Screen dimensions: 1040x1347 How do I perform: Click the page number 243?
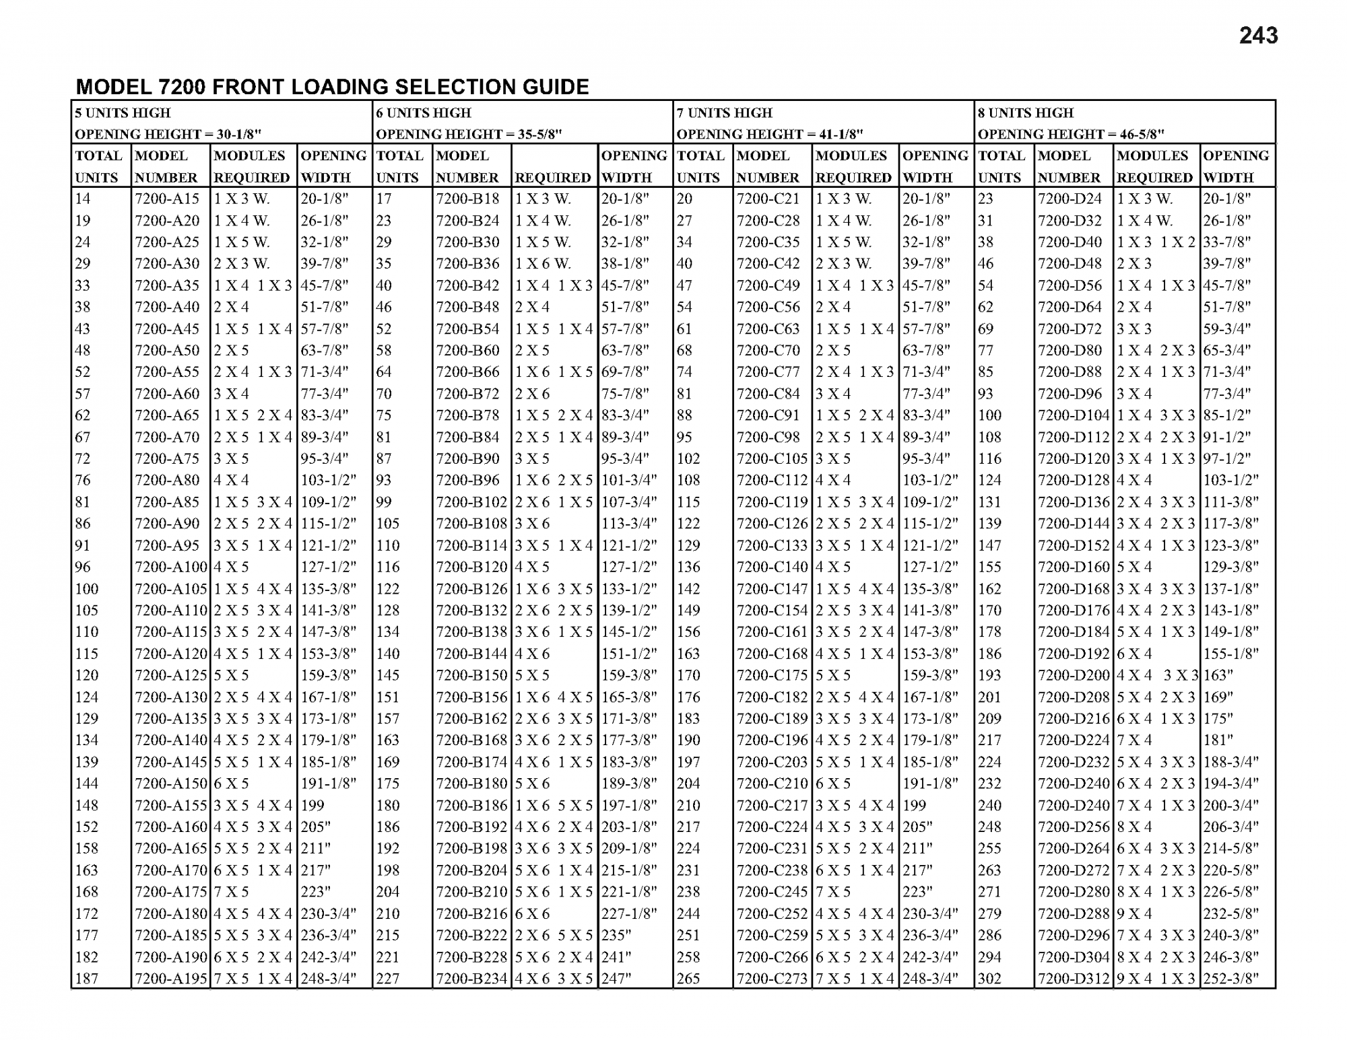(x=1257, y=36)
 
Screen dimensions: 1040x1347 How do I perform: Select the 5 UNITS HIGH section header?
(x=123, y=112)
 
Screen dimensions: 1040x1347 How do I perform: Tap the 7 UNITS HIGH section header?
(x=725, y=112)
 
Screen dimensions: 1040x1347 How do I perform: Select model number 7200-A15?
(x=167, y=199)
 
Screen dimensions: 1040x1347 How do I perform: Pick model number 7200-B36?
(x=467, y=263)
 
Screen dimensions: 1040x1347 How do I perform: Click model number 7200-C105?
(x=772, y=458)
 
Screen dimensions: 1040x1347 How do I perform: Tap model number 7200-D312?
(x=1074, y=978)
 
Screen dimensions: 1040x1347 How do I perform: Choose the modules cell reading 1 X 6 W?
(x=543, y=263)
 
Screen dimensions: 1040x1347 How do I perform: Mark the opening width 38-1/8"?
(x=625, y=263)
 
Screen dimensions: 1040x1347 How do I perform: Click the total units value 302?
(x=989, y=978)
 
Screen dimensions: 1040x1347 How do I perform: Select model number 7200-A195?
(x=170, y=978)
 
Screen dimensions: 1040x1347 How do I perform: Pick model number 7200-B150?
(x=471, y=675)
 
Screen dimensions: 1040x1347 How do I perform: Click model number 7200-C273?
(x=772, y=978)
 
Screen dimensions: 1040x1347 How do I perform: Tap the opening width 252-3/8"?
(x=1230, y=978)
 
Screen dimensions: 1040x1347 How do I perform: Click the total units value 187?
(x=87, y=978)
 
